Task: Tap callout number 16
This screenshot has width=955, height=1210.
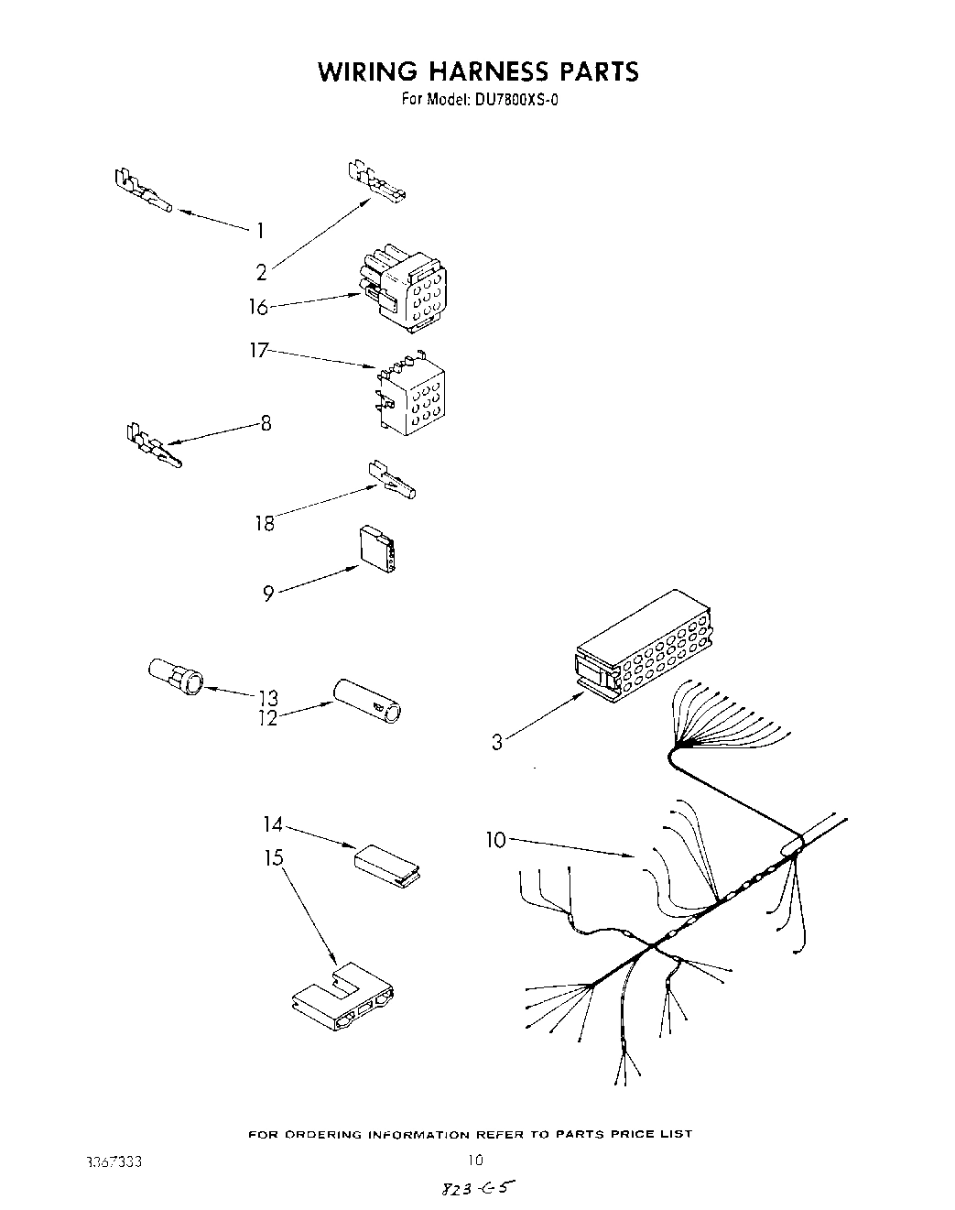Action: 258,307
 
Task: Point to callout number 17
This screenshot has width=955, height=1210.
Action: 260,351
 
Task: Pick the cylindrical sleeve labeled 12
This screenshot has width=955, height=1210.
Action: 368,703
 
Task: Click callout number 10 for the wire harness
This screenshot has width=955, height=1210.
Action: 495,839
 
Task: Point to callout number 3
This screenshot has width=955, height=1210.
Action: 496,741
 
